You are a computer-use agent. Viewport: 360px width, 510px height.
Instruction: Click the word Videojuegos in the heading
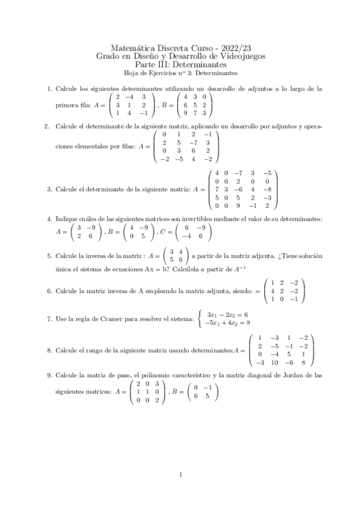coord(241,56)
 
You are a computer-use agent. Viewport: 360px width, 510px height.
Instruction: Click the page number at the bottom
coord(180,476)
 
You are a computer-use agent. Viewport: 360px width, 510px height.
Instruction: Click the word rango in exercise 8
coord(107,349)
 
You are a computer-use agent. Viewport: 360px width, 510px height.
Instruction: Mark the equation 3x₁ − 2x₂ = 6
coord(228,314)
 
